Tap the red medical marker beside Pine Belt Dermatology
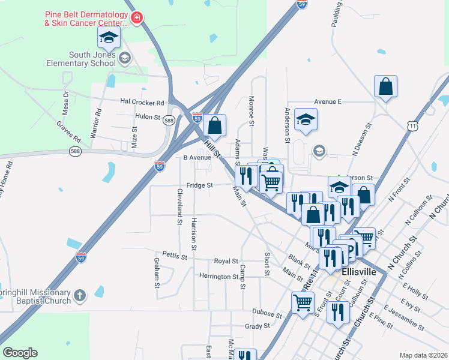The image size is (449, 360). (x=137, y=18)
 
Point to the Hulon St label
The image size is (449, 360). (x=148, y=117)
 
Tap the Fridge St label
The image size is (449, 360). (x=200, y=185)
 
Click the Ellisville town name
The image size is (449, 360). (x=358, y=272)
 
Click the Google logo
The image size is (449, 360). (x=20, y=353)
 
